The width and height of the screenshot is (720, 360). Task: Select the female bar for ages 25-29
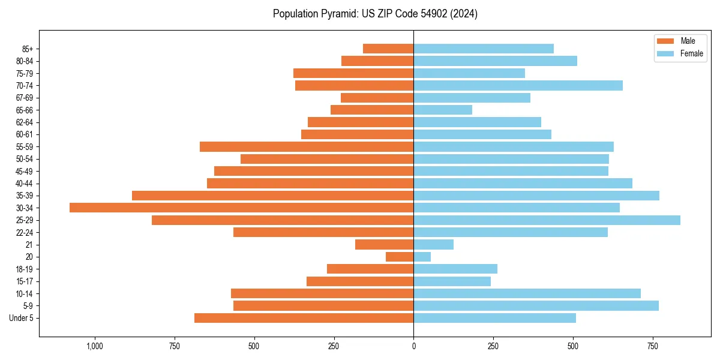tap(547, 220)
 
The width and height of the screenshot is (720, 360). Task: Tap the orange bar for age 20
tap(400, 257)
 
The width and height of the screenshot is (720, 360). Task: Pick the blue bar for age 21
tap(433, 245)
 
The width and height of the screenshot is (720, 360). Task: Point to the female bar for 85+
tap(484, 49)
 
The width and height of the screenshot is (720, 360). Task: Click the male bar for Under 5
tap(304, 318)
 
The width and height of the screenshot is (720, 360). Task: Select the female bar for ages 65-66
tap(443, 110)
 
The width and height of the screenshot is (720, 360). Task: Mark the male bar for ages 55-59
tap(307, 146)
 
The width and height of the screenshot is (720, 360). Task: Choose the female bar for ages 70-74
tap(518, 85)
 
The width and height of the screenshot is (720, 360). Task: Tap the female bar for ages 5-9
tap(536, 306)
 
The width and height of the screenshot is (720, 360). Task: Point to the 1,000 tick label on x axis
tap(94, 346)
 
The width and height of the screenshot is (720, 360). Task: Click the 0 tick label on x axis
tap(413, 346)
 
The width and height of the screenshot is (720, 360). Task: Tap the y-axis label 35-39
tap(25, 196)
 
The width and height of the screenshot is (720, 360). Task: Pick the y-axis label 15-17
tap(25, 281)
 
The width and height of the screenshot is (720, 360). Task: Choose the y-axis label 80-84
tap(25, 61)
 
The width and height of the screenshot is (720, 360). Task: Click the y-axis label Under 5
tap(22, 318)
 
